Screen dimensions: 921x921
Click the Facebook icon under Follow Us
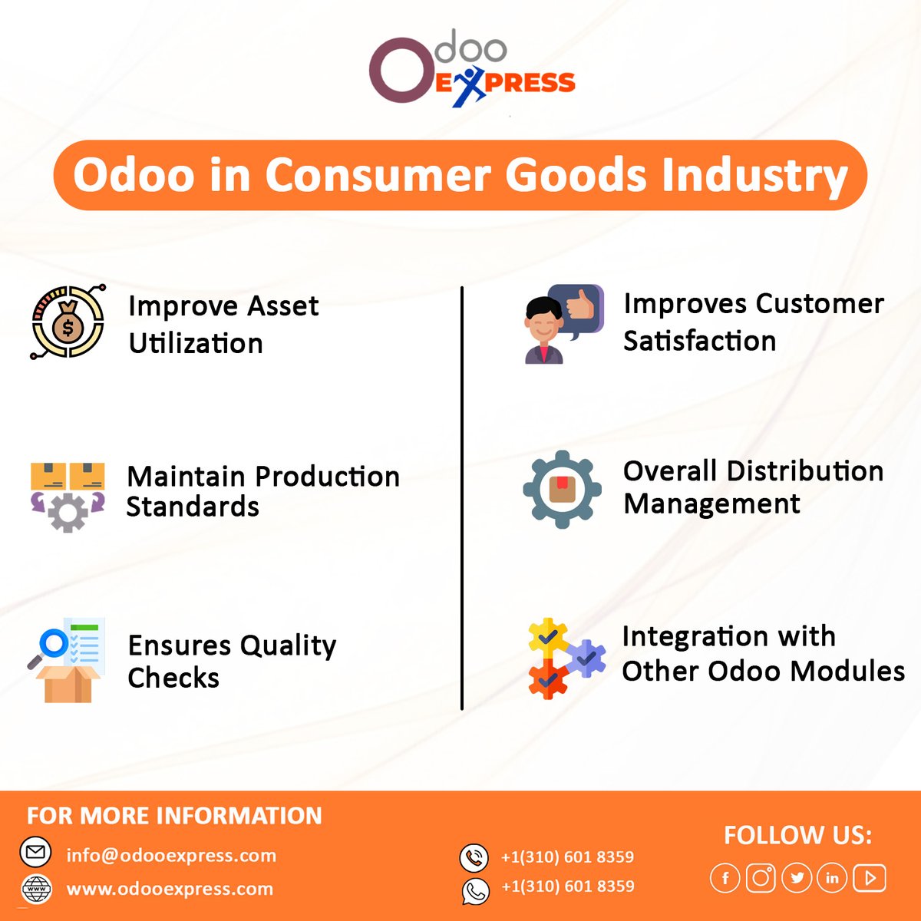tap(725, 877)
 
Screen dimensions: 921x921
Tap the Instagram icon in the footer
tap(761, 877)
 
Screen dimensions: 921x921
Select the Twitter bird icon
tap(797, 877)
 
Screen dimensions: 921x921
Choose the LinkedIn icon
tap(832, 877)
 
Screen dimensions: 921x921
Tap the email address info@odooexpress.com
tap(171, 855)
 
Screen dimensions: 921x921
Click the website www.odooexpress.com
tap(170, 889)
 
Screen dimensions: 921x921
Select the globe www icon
tap(36, 889)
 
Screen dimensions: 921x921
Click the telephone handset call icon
tap(474, 857)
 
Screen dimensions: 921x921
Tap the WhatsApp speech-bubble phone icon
tap(474, 890)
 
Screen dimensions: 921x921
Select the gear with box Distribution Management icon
tap(562, 489)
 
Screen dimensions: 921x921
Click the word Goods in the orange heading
tap(576, 175)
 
